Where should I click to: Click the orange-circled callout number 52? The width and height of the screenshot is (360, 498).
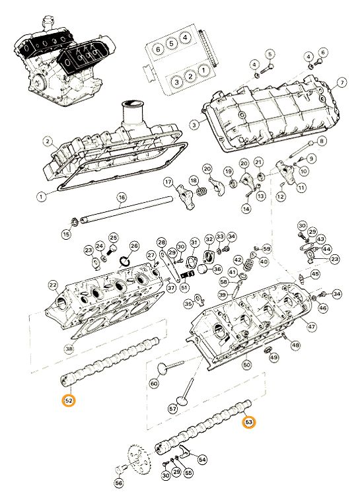pyautogui.click(x=69, y=400)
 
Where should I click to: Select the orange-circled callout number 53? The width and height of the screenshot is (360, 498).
pyautogui.click(x=249, y=422)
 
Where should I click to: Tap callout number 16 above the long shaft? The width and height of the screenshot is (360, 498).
pyautogui.click(x=122, y=197)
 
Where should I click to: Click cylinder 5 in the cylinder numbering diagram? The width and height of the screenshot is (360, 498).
pyautogui.click(x=171, y=43)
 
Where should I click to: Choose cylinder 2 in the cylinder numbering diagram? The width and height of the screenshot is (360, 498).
pyautogui.click(x=190, y=76)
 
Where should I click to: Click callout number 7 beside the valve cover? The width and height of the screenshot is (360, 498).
pyautogui.click(x=342, y=83)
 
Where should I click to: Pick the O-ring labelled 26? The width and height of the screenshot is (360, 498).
pyautogui.click(x=125, y=261)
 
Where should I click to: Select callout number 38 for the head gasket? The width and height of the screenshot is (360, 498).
pyautogui.click(x=69, y=349)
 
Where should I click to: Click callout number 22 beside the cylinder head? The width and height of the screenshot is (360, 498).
pyautogui.click(x=53, y=285)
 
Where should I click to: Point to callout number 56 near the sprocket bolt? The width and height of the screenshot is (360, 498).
pyautogui.click(x=119, y=483)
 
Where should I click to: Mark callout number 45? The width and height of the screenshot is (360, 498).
pyautogui.click(x=314, y=274)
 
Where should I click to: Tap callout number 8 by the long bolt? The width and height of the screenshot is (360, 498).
pyautogui.click(x=322, y=141)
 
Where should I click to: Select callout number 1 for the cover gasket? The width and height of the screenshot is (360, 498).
pyautogui.click(x=41, y=197)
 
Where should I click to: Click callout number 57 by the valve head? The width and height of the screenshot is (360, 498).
pyautogui.click(x=172, y=409)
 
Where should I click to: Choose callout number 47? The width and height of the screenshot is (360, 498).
pyautogui.click(x=311, y=328)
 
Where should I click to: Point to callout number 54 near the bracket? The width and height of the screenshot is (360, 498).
pyautogui.click(x=202, y=459)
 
